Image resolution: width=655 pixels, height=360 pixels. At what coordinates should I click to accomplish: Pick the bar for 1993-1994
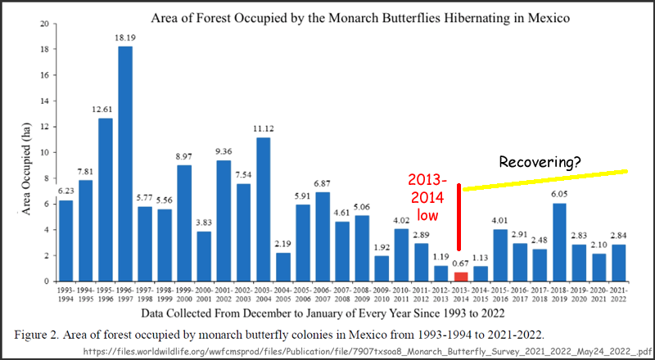tap(66, 241)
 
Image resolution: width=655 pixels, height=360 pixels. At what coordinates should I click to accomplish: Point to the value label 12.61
tap(106, 110)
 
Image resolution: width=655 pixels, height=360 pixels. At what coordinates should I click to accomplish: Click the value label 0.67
tap(461, 263)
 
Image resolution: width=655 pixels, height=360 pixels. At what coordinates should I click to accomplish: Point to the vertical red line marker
tap(460, 217)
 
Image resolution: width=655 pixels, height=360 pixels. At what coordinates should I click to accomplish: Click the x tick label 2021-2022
tap(620, 295)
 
